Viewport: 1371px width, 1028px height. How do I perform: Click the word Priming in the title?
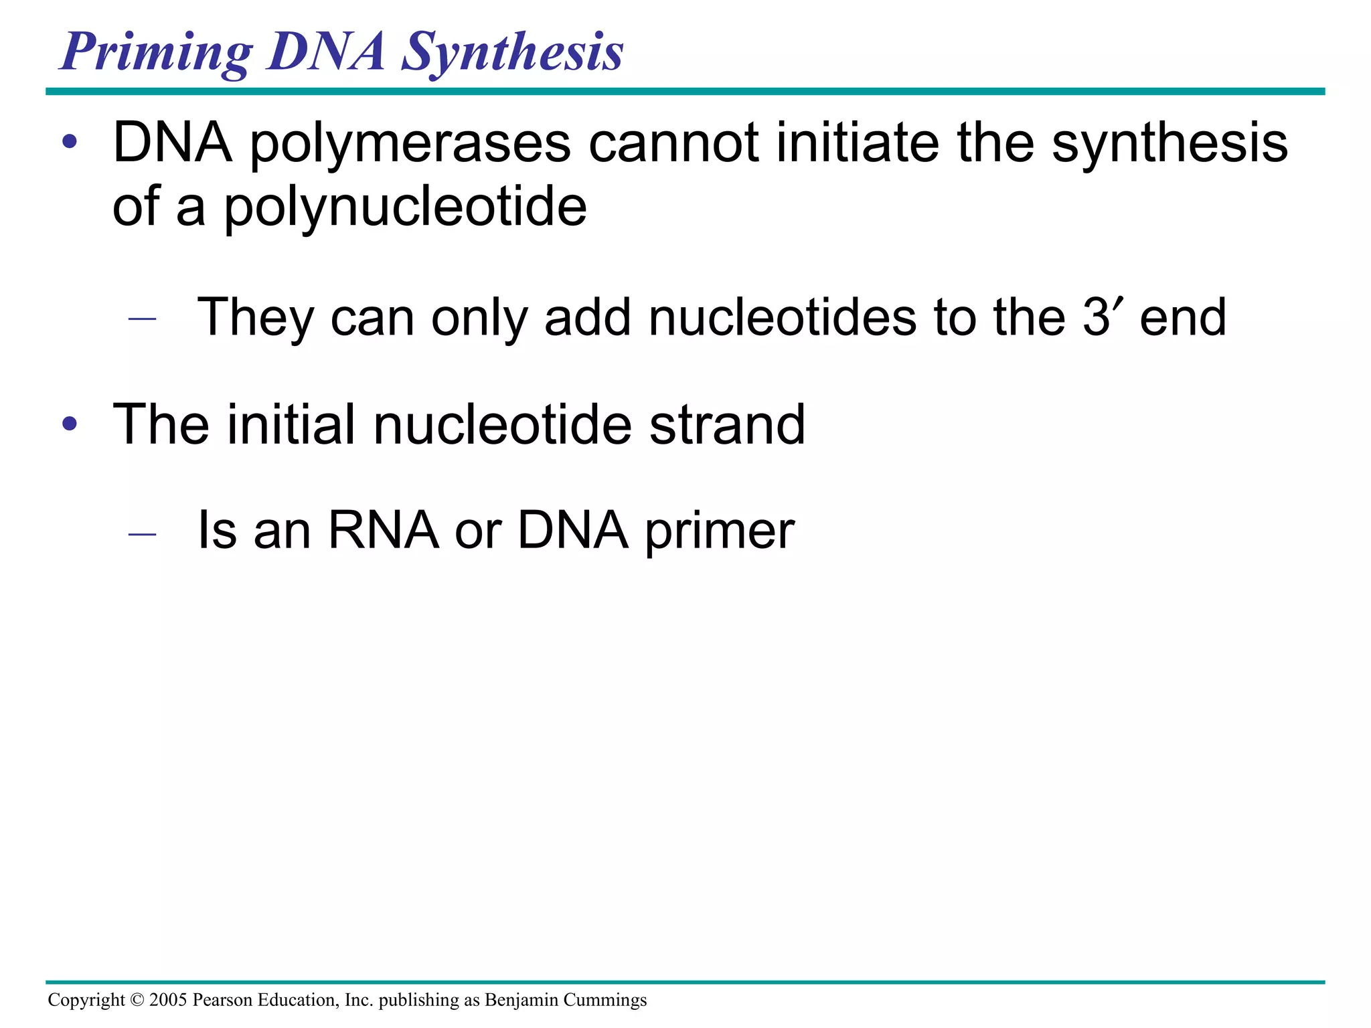[x=156, y=54]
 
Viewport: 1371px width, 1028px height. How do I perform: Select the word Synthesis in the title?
[x=512, y=54]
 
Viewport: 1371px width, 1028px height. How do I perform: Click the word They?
[x=255, y=317]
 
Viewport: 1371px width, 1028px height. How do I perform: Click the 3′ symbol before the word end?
[x=1101, y=317]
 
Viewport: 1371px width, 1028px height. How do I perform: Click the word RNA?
[x=383, y=531]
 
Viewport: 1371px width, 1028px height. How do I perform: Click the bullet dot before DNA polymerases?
[x=70, y=143]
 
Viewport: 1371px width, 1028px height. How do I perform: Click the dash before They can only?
[x=142, y=319]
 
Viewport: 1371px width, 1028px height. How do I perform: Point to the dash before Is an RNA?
[x=142, y=533]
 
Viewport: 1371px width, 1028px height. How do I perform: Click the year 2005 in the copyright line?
[x=168, y=1000]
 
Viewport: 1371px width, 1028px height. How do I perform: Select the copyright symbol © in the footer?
[x=137, y=1000]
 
